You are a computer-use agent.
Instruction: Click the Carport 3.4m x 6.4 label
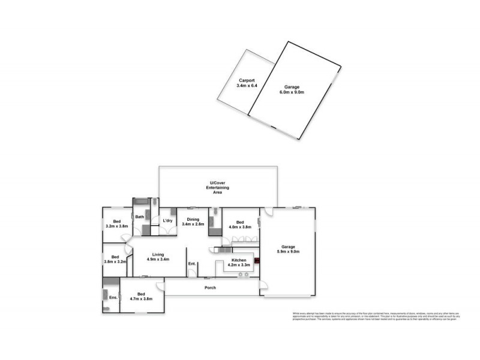tap(247, 83)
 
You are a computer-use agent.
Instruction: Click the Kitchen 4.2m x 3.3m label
tap(239, 263)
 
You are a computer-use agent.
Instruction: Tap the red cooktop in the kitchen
tap(257, 261)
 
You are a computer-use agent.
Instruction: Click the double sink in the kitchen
tap(244, 274)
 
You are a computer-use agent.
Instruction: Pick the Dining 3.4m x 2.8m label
tap(193, 221)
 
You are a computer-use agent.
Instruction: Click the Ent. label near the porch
tap(192, 264)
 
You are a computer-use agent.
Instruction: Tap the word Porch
tap(209, 288)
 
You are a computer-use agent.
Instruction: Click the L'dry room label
tap(169, 221)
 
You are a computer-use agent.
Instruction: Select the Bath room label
tap(139, 217)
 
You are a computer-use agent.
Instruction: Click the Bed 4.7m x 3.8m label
tap(142, 296)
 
